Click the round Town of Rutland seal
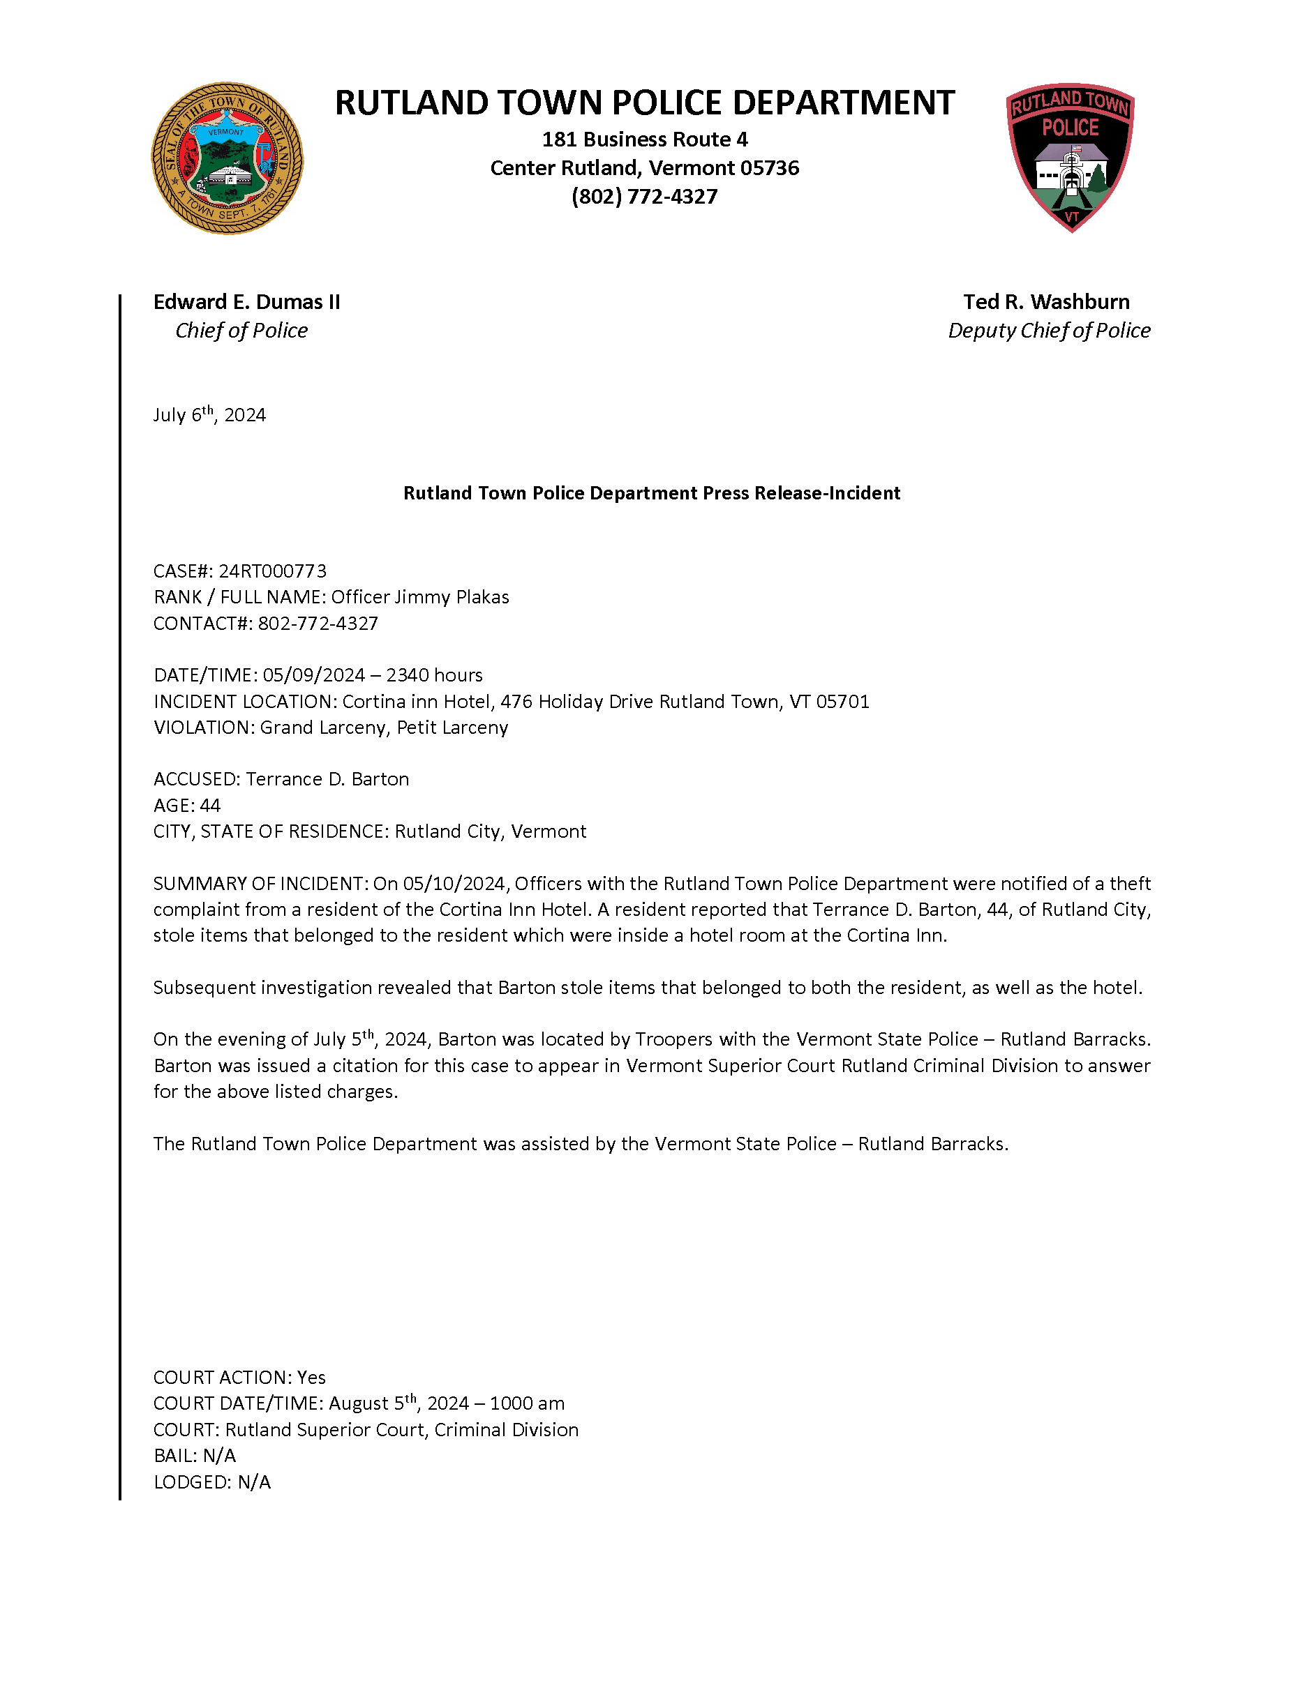coord(228,158)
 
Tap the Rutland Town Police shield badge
coord(1070,158)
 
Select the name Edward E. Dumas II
coord(246,301)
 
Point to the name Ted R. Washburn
coord(1046,301)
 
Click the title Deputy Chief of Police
coord(1049,331)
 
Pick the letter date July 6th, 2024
coord(209,415)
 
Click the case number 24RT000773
coord(272,571)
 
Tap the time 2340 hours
coord(435,675)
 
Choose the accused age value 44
coord(210,806)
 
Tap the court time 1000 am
coord(528,1403)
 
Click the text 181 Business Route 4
coord(644,140)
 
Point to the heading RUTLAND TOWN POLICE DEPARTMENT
coord(644,103)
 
